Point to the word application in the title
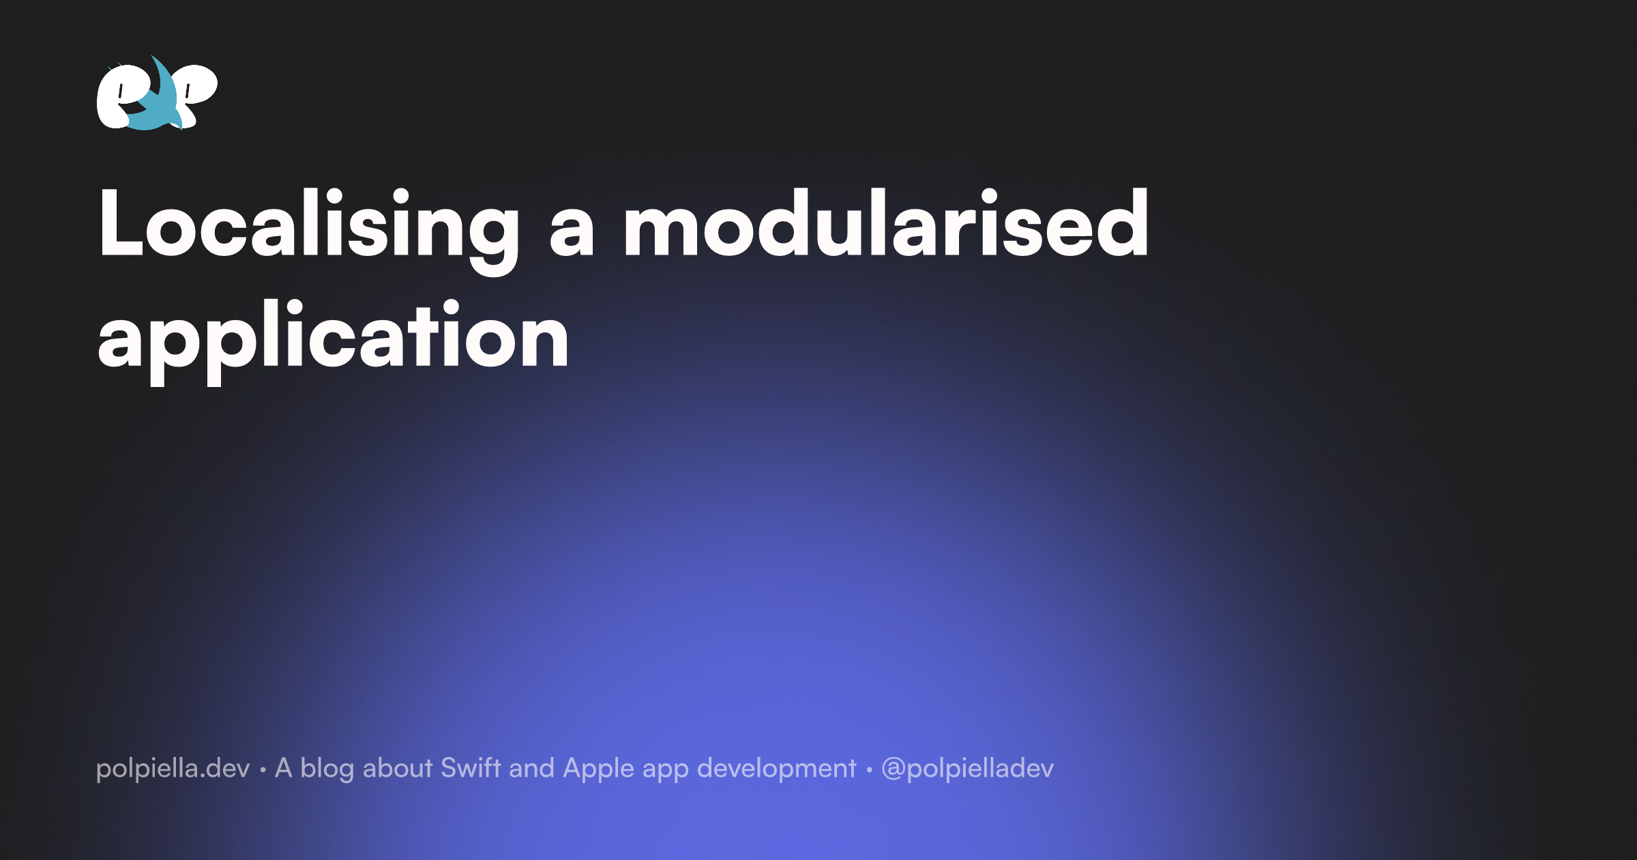tap(333, 339)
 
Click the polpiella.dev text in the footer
tap(173, 769)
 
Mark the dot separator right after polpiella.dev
tap(263, 770)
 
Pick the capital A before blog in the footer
tap(284, 768)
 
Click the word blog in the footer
tap(327, 769)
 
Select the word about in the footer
tap(398, 769)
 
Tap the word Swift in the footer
tap(471, 768)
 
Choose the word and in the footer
tap(531, 769)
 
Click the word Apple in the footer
tap(598, 769)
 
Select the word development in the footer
tap(776, 769)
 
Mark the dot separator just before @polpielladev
tap(869, 770)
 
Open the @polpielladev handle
tap(967, 769)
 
